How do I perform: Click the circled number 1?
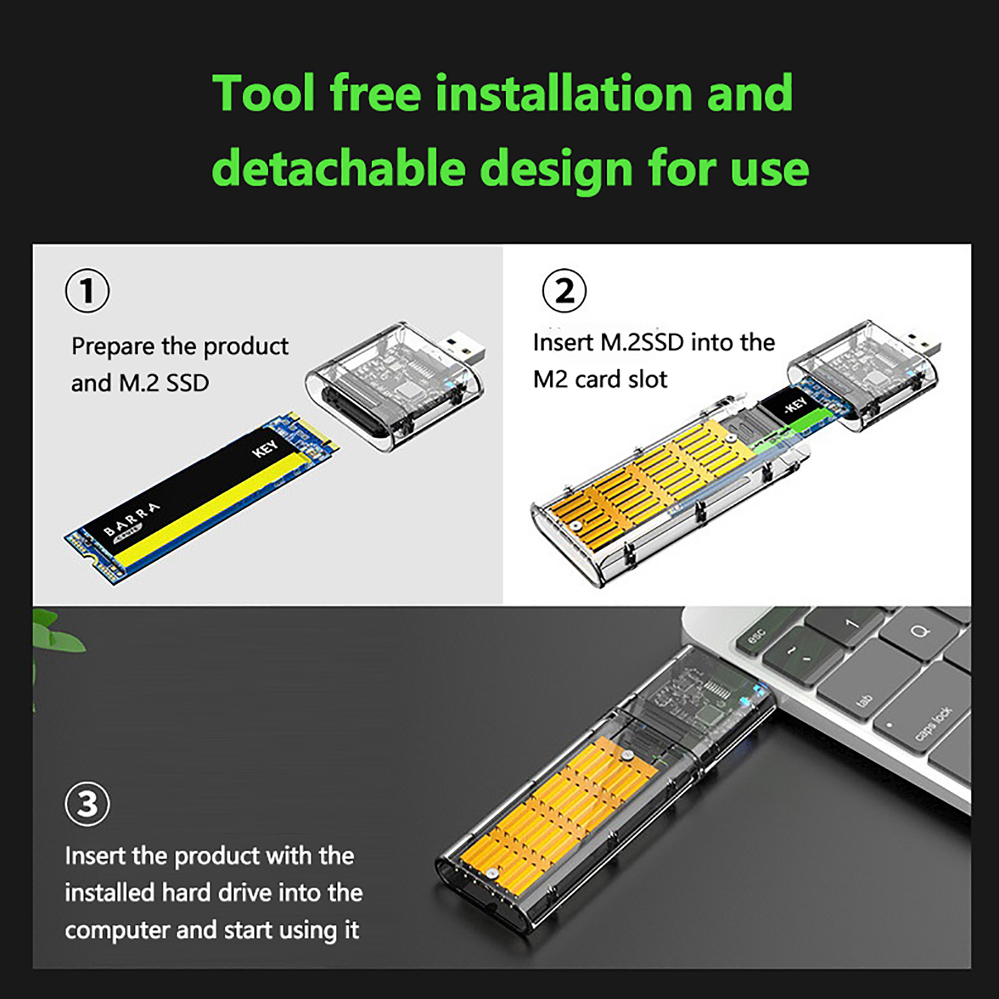pyautogui.click(x=87, y=291)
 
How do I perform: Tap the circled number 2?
pyautogui.click(x=564, y=291)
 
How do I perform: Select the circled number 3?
pyautogui.click(x=87, y=804)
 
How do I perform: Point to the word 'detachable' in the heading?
pyautogui.click(x=339, y=168)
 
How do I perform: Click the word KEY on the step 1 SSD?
pyautogui.click(x=265, y=448)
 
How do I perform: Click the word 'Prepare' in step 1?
pyautogui.click(x=113, y=347)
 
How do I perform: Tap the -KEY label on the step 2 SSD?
pyautogui.click(x=795, y=406)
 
